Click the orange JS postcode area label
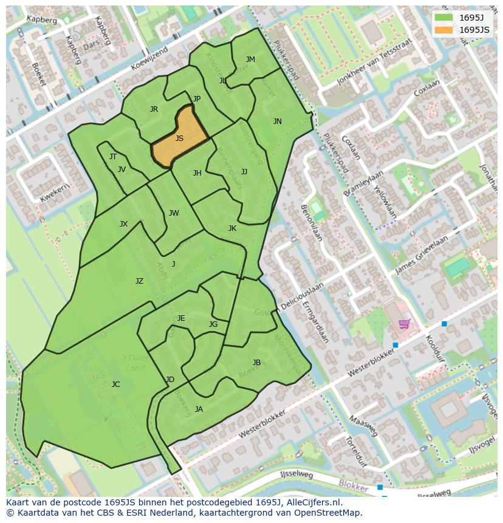(179, 138)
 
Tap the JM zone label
(250, 60)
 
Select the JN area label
(278, 121)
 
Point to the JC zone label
(115, 385)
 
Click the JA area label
(199, 409)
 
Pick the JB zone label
(256, 363)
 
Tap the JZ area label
(139, 281)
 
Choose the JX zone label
(123, 224)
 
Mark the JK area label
(232, 228)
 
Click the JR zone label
(154, 109)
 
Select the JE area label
(181, 318)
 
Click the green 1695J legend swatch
(443, 18)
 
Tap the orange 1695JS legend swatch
(443, 30)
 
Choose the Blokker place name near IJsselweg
(353, 487)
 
